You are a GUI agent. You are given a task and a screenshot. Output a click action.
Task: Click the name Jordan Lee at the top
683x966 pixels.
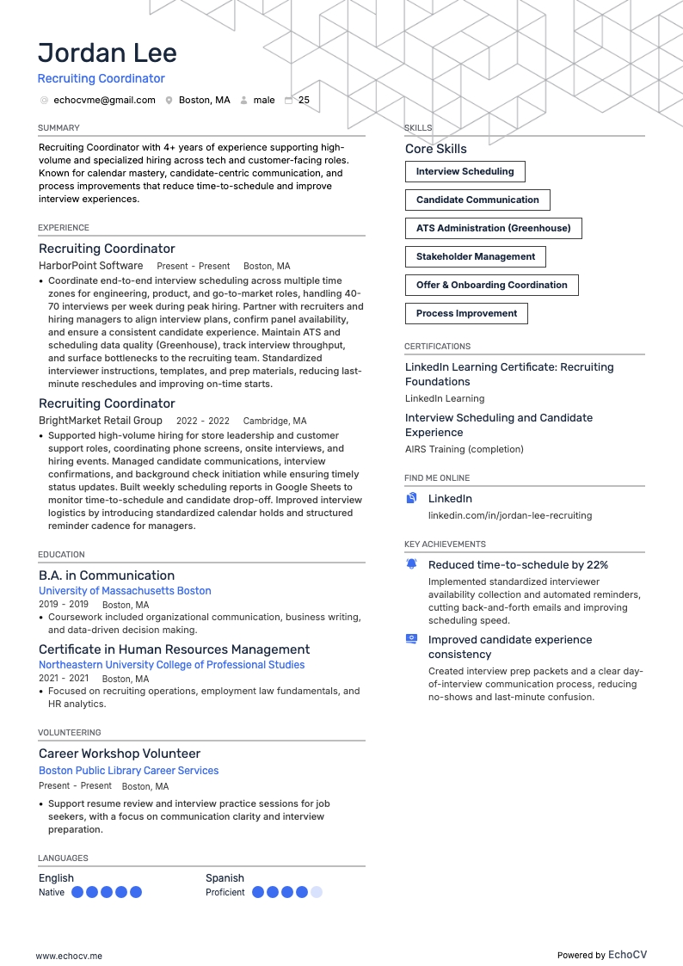click(108, 52)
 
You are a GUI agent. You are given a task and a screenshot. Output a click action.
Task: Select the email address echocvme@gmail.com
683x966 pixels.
click(104, 100)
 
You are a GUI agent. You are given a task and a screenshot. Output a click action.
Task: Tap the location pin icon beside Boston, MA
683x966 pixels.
click(169, 100)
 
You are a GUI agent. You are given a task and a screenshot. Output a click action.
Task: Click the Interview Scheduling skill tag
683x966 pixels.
click(465, 171)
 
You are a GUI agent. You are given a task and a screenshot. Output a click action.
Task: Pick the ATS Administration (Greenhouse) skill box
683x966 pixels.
click(493, 228)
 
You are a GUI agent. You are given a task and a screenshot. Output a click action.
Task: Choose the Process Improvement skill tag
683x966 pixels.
click(466, 313)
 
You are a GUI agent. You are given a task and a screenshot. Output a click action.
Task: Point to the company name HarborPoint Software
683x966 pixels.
click(91, 266)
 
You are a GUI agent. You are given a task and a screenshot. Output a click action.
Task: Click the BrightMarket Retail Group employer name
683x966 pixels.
click(101, 421)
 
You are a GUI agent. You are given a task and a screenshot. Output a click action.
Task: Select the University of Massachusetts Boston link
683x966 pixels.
click(125, 591)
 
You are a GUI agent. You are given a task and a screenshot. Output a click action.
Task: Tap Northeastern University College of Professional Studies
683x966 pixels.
click(171, 665)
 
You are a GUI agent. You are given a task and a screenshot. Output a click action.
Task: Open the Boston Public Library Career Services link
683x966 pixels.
click(128, 771)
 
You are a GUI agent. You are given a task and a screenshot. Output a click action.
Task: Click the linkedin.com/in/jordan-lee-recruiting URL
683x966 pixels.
click(510, 515)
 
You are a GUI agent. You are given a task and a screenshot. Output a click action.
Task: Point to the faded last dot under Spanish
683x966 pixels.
click(317, 893)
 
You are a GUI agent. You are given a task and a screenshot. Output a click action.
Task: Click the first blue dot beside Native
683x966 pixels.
click(77, 893)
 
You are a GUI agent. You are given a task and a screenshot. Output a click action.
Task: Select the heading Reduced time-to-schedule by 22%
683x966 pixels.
click(518, 565)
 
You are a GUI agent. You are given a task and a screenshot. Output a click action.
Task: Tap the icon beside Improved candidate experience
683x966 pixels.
click(411, 639)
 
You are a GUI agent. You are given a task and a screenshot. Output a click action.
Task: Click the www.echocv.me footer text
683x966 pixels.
click(69, 955)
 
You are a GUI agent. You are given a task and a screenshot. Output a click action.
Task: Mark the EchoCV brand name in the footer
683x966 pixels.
click(627, 955)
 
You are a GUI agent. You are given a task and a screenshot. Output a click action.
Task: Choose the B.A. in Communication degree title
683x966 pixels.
click(107, 575)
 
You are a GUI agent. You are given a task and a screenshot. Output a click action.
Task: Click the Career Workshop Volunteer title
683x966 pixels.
click(120, 754)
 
